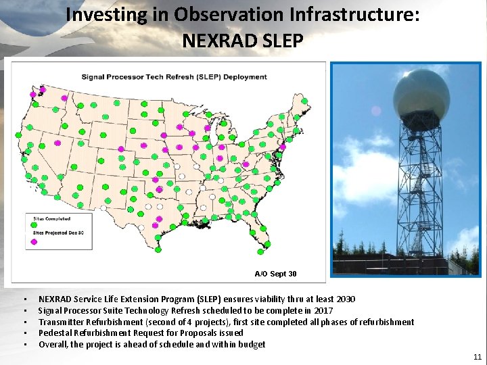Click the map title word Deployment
click(x=244, y=76)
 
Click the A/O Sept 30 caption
click(x=275, y=274)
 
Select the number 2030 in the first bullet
click(x=345, y=299)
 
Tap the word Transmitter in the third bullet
click(x=60, y=322)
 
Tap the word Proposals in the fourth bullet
click(x=190, y=333)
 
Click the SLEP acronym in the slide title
click(x=281, y=41)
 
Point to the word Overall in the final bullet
click(x=53, y=345)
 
